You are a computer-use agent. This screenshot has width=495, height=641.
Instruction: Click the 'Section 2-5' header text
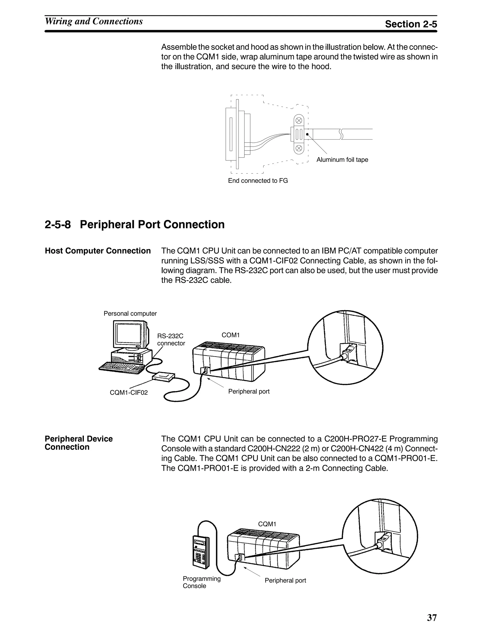point(411,24)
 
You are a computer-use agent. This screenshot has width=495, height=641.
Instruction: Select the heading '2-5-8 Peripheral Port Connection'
point(135,224)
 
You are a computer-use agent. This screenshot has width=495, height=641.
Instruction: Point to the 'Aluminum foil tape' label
point(342,160)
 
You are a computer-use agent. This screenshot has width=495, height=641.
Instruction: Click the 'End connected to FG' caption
point(258,180)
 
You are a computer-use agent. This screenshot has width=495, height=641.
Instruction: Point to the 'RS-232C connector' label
point(171,340)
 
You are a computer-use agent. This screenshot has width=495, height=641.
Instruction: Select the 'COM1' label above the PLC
point(231,335)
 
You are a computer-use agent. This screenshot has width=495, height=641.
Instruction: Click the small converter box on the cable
point(164,377)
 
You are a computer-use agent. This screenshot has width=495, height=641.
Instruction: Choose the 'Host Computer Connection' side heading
point(98,251)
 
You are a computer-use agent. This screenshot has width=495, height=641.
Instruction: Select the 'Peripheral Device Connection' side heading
point(79,443)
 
